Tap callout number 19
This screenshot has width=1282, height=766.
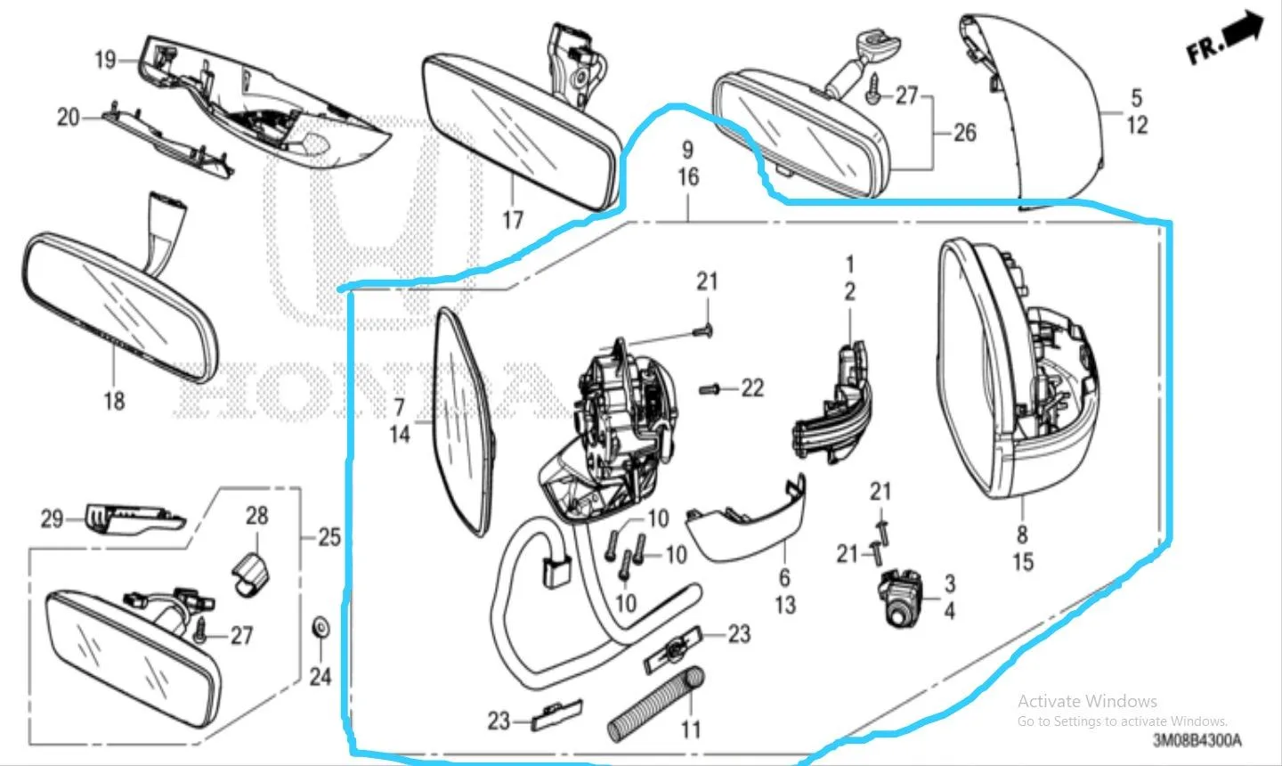coord(106,60)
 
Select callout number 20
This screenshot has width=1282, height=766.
coord(68,118)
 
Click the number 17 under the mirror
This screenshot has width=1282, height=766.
coord(513,220)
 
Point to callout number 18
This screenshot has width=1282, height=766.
coord(115,401)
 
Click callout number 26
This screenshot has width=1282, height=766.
coord(965,133)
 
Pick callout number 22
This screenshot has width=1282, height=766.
coord(752,388)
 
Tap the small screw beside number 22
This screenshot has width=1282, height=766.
coord(709,390)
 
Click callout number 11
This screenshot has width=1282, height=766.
coord(691,729)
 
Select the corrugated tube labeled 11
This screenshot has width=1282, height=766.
coord(656,705)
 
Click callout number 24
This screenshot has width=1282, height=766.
coord(320,677)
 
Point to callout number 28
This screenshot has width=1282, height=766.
coord(257,516)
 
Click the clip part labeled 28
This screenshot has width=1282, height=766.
coord(251,574)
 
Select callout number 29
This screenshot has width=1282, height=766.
coord(52,519)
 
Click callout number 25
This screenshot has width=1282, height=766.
coord(329,537)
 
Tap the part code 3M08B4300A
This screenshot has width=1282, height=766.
coord(1197,740)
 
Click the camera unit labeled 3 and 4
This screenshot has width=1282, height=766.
coord(899,598)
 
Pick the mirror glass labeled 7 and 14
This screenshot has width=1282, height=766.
coord(463,422)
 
